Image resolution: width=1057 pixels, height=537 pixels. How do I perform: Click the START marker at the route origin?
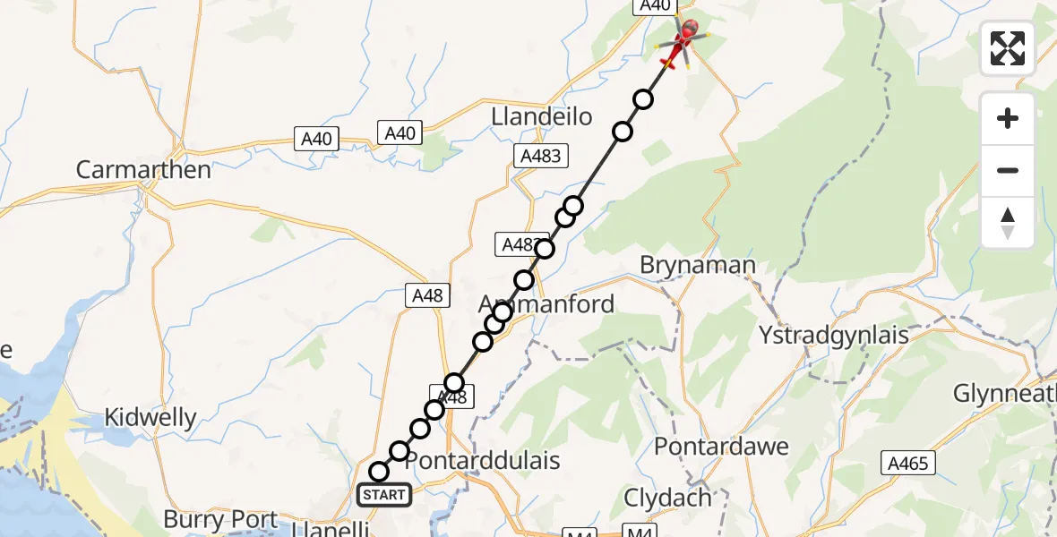point(383,494)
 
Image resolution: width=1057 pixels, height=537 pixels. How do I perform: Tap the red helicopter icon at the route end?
point(683,39)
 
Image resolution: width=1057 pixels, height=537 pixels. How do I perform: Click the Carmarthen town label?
point(143,170)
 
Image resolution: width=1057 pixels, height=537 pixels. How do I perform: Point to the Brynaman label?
point(698,265)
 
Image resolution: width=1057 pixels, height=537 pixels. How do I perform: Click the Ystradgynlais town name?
point(833,336)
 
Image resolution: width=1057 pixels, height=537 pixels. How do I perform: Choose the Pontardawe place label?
point(721,447)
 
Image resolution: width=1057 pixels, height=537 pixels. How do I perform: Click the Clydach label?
point(680,498)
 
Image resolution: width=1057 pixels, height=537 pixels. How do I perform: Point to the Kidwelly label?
point(150,417)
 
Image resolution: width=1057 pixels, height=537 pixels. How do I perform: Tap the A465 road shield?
point(908,463)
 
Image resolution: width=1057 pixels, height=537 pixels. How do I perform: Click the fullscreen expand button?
point(1008,48)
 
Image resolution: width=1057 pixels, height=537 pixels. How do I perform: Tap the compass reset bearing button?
point(1008,222)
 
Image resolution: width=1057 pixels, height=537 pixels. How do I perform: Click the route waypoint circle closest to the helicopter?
point(643,99)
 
